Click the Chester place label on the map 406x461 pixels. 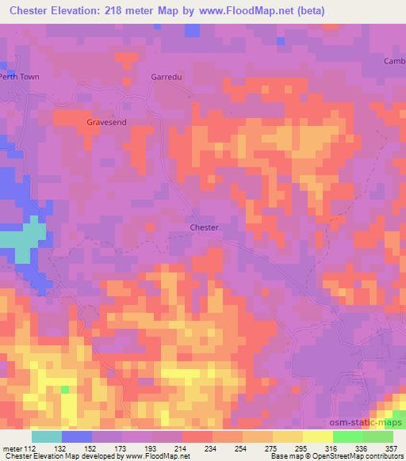pos(204,227)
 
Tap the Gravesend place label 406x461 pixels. pos(106,123)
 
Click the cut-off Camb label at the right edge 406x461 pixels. pos(394,61)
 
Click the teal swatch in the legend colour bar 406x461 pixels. pos(47,436)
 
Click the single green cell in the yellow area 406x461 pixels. pos(65,390)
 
